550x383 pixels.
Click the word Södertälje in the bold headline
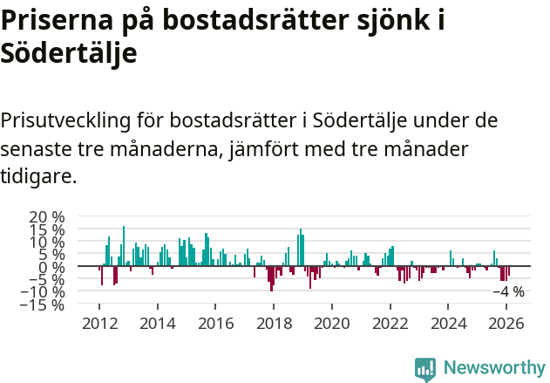pos(69,53)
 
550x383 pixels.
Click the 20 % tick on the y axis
pos(47,216)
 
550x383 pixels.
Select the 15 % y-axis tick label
pos(47,229)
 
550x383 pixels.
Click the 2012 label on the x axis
pos(99,324)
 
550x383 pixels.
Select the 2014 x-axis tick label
pos(158,324)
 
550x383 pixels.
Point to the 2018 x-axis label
pos(274,324)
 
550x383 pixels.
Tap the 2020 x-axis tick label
pos(332,324)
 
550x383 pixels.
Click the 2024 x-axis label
pos(448,324)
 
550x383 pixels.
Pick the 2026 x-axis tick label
pos(506,324)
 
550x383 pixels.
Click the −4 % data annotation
pos(508,292)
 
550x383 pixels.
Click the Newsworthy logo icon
pos(425,368)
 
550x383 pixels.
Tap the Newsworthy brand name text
pos(493,368)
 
